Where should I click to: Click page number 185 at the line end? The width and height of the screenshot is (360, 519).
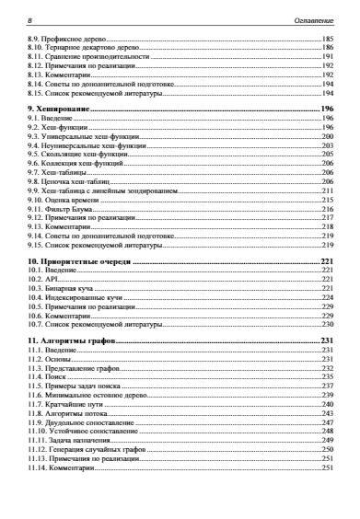click(327, 40)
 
